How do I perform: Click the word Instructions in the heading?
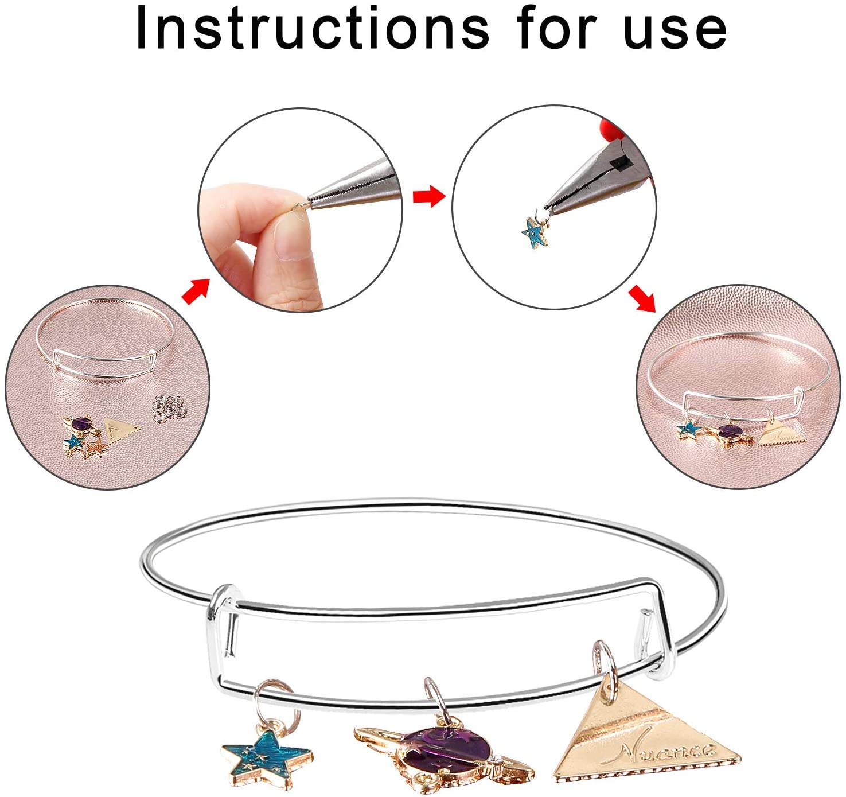(313, 29)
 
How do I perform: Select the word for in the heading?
(557, 29)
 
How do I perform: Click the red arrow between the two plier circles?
(429, 196)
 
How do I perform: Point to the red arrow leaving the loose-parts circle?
(196, 291)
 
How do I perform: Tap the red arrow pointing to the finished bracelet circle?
(642, 298)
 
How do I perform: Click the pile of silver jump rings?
(170, 407)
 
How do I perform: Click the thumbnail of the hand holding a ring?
(301, 209)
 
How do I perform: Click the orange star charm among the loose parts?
(96, 448)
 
